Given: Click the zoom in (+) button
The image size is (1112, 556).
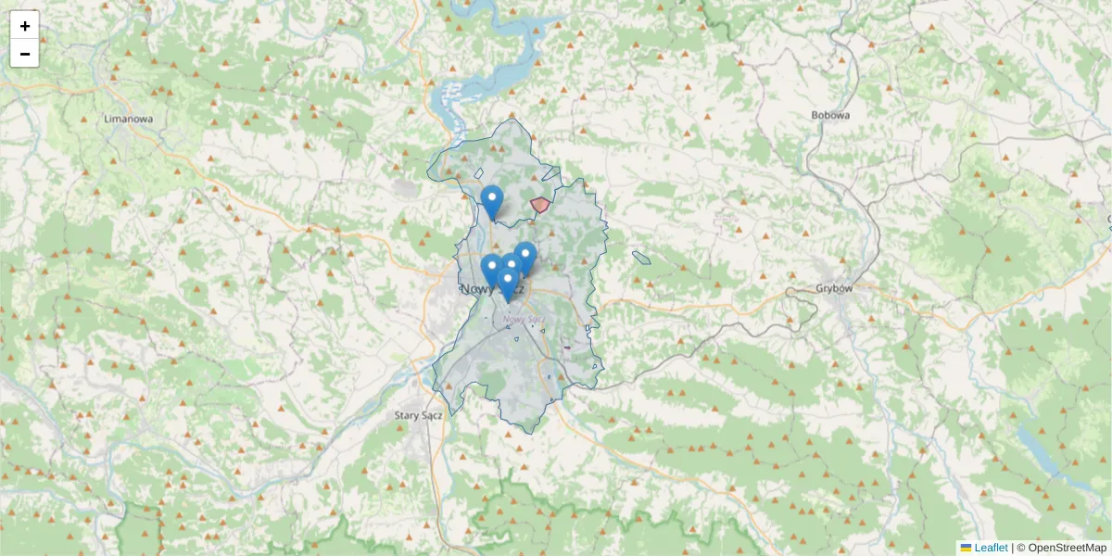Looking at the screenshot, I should tap(25, 26).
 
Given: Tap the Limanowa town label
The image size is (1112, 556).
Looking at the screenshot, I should tap(129, 120).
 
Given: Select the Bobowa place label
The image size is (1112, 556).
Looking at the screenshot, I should tap(829, 116).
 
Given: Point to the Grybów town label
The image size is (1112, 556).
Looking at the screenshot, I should tap(834, 288).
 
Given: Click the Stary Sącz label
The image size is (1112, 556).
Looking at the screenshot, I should tap(419, 415).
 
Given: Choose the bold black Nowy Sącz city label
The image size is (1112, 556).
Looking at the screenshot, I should tap(492, 290).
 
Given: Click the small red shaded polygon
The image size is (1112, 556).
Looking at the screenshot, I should tap(539, 205).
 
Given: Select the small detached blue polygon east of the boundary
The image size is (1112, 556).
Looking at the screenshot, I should tap(641, 258).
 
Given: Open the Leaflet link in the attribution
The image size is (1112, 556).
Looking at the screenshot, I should tap(991, 548).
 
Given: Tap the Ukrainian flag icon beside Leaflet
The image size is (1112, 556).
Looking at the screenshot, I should tap(966, 548).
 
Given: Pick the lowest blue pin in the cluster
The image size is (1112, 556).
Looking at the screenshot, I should tap(507, 282).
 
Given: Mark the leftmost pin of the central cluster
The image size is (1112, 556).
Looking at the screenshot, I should tap(491, 269).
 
